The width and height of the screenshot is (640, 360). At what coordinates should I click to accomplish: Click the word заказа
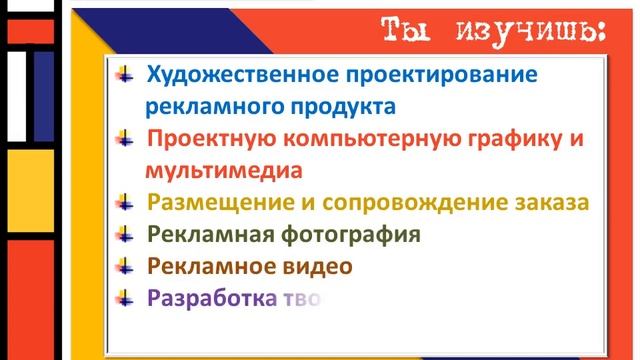tap(551, 203)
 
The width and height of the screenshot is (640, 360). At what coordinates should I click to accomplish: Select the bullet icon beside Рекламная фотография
tap(124, 234)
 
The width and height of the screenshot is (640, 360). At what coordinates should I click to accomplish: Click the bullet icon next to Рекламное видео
tap(124, 265)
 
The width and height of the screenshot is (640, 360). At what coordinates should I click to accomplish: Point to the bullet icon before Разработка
tap(124, 296)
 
